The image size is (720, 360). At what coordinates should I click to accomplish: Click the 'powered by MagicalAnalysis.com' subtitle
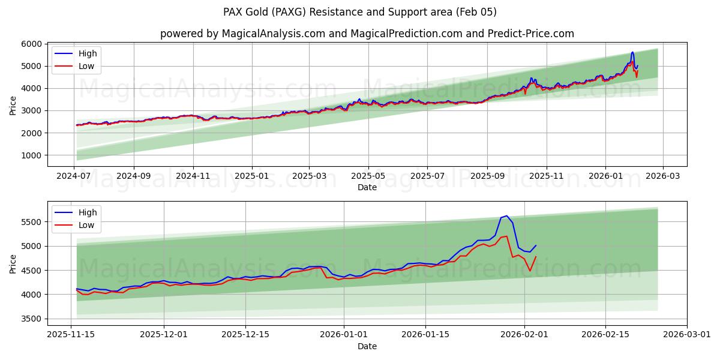[367, 34]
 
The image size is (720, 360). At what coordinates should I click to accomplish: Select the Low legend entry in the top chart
[81, 66]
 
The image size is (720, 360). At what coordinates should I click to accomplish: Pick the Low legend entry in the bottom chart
[81, 224]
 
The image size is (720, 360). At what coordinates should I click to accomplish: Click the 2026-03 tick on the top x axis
[663, 177]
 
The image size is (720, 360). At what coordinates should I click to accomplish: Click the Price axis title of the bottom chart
[13, 263]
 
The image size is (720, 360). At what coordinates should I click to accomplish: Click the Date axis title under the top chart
[367, 187]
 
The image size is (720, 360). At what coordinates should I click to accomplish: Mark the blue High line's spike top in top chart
[632, 52]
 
